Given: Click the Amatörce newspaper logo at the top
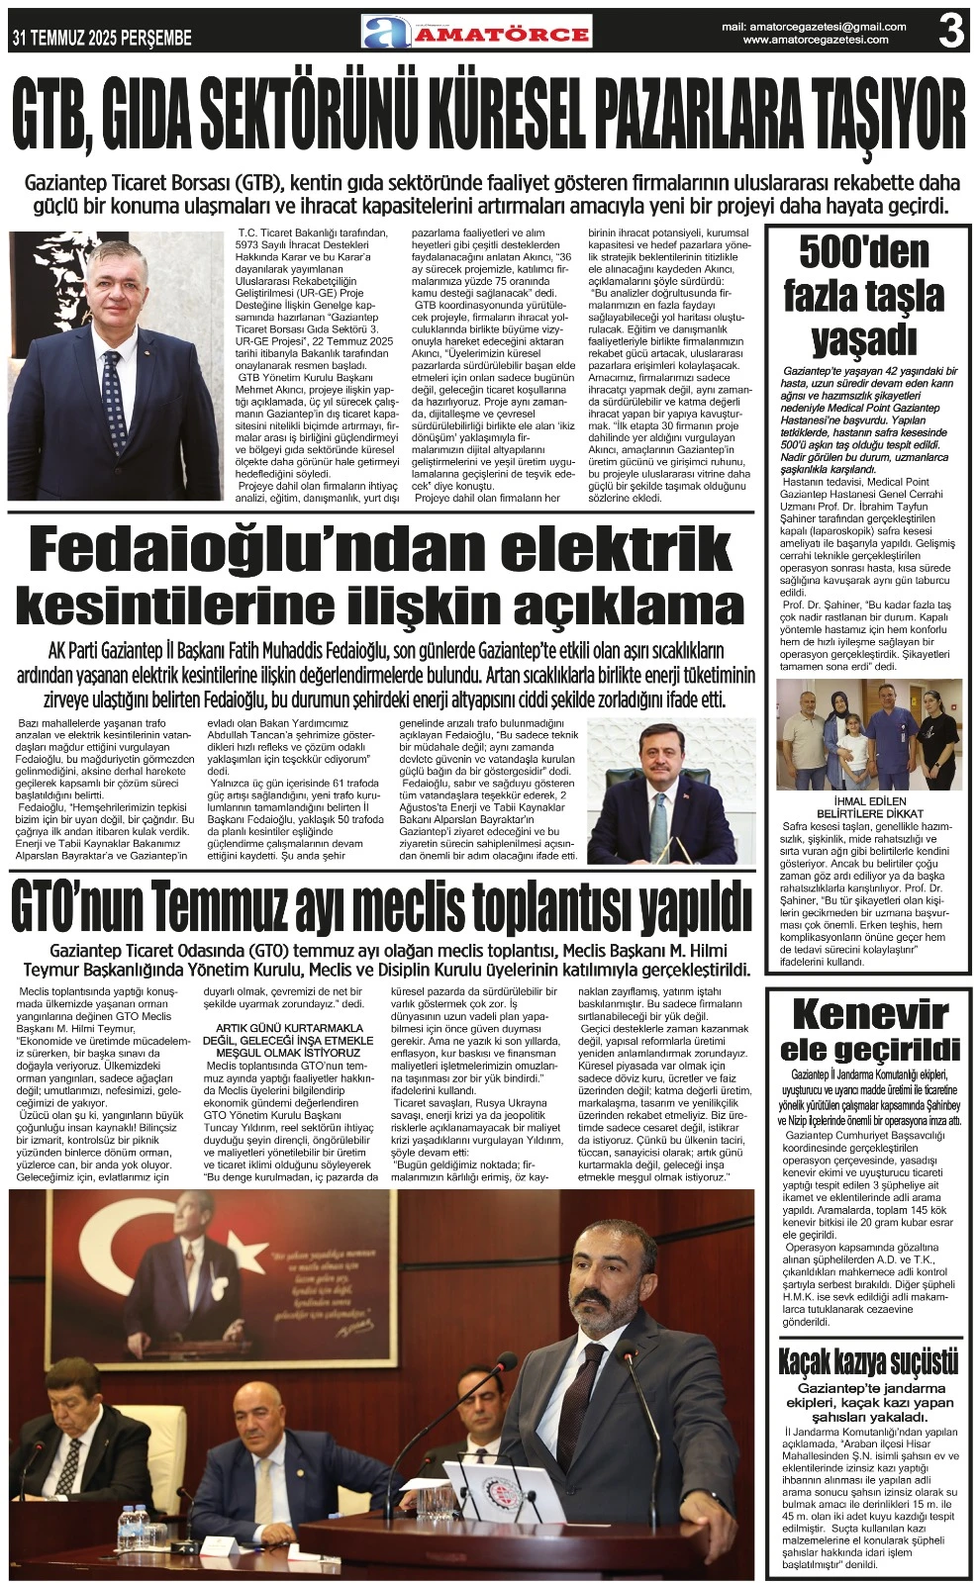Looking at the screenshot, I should tap(476, 33).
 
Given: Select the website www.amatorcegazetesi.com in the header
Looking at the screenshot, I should tap(825, 40).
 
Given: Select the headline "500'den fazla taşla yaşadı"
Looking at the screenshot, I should tap(864, 296).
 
